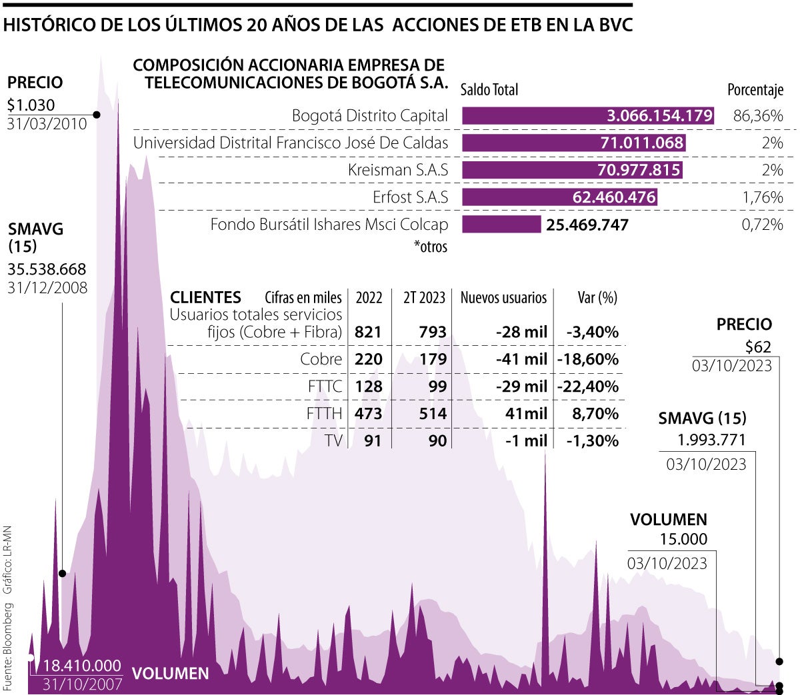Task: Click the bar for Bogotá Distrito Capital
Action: pos(587,116)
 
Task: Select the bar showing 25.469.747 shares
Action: pos(501,225)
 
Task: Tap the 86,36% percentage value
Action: pos(758,116)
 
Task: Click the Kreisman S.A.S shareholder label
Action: pos(398,170)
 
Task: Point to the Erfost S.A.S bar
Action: pos(559,197)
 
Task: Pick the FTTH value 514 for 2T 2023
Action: pos(433,414)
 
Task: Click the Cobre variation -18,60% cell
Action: pos(592,359)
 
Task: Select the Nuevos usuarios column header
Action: pos(503,298)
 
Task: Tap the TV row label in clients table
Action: pos(333,440)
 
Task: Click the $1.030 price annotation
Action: pos(31,105)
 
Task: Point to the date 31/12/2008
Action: pos(47,288)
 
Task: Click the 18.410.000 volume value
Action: pos(82,666)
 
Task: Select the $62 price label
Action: pos(758,347)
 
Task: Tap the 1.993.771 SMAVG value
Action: pos(711,440)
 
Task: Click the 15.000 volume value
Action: pos(683,540)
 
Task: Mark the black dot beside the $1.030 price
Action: pos(97,115)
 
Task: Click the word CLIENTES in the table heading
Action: pos(205,298)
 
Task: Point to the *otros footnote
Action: pos(431,247)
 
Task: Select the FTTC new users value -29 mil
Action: pos(521,386)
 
